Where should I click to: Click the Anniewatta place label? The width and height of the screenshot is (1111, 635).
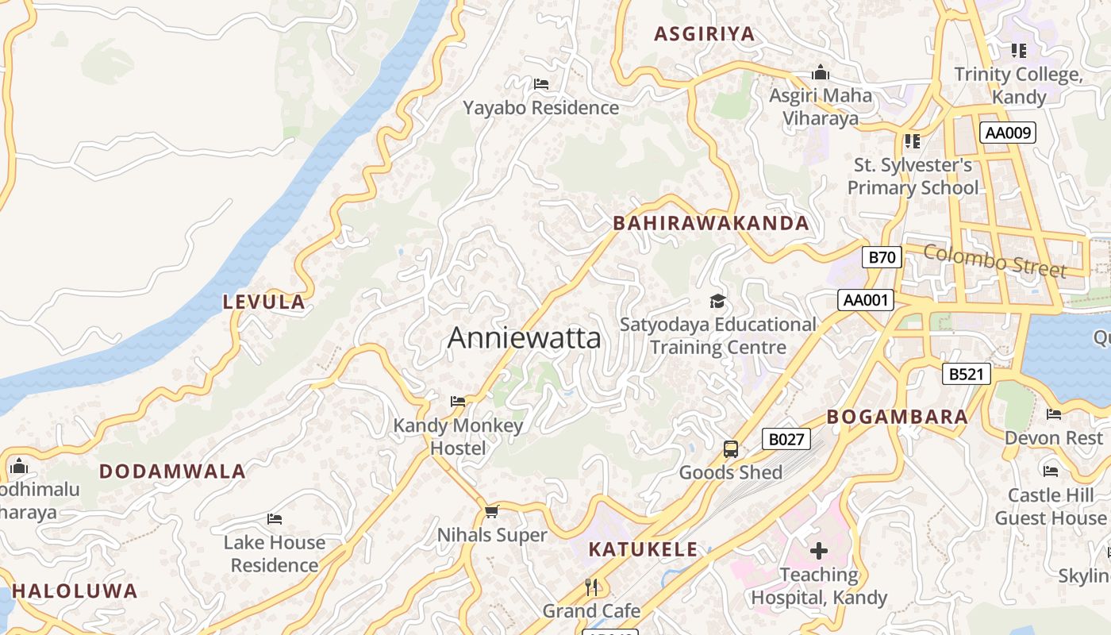[x=525, y=338]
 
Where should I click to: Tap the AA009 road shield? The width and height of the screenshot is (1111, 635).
[x=1008, y=133]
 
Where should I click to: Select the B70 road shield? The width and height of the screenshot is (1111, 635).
[x=882, y=256]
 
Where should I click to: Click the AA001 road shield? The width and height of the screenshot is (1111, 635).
[x=866, y=300]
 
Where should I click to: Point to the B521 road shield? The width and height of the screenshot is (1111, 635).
[x=967, y=374]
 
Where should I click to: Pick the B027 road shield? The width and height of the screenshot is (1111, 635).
[x=786, y=439]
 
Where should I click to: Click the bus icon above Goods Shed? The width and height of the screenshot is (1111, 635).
[x=731, y=449]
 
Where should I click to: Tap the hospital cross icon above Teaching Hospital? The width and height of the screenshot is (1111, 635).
[x=819, y=551]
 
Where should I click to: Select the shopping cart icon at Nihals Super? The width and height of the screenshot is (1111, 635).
[x=491, y=512]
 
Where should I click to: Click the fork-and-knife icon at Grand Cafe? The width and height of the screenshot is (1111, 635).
[x=591, y=587]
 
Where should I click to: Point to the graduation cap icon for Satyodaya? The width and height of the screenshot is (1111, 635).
[x=717, y=302]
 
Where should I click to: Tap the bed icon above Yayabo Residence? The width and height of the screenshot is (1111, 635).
[x=541, y=84]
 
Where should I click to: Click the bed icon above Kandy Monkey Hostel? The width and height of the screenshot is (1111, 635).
[x=458, y=402]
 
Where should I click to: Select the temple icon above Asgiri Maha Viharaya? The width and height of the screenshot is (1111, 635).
[x=821, y=74]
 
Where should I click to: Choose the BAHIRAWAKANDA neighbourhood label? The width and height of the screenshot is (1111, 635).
[x=711, y=224]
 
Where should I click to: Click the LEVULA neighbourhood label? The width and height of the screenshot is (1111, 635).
[x=264, y=302]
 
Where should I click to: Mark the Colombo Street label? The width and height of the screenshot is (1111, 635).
[x=995, y=261]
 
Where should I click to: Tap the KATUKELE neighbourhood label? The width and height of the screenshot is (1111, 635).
[x=643, y=549]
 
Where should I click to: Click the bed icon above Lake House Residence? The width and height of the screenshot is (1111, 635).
[x=275, y=519]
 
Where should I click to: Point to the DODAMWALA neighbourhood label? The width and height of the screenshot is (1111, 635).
[x=172, y=471]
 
